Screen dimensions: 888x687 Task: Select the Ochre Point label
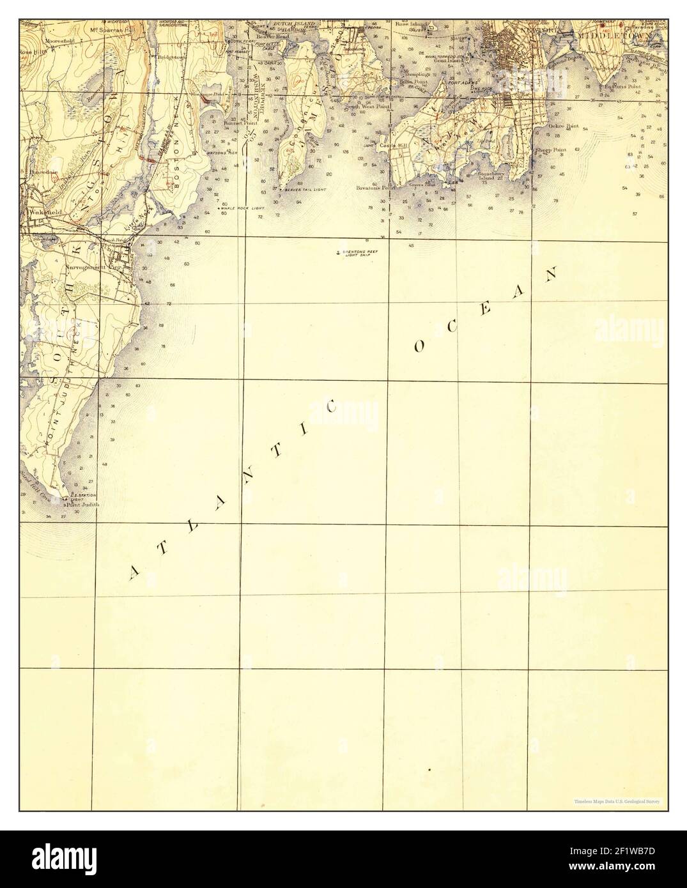(x=563, y=126)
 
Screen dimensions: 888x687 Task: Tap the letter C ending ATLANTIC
(x=332, y=407)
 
